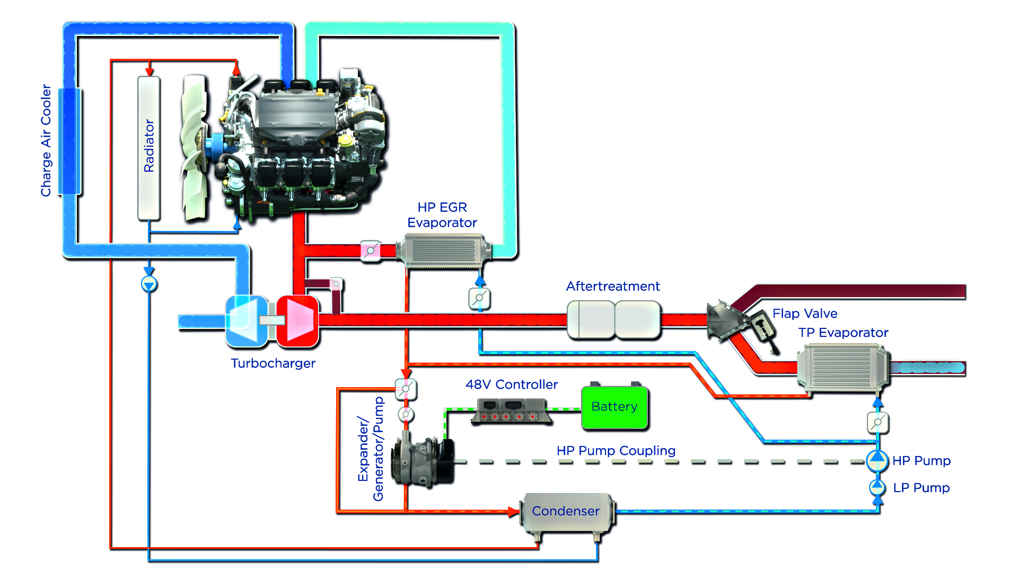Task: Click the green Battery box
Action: click(x=615, y=407)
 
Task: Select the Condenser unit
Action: click(x=566, y=512)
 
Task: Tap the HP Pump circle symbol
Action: click(x=877, y=461)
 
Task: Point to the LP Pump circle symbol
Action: click(x=877, y=487)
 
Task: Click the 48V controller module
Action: click(x=512, y=412)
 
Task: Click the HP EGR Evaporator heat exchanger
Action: click(x=443, y=251)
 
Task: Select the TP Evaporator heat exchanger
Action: click(x=842, y=368)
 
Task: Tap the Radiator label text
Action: click(x=149, y=146)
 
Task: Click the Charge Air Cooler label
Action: click(x=46, y=140)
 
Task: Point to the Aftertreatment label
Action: click(x=613, y=287)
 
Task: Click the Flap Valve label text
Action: click(x=805, y=314)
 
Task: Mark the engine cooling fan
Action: click(x=194, y=148)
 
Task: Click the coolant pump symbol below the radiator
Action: click(x=149, y=284)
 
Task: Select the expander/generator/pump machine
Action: click(x=422, y=461)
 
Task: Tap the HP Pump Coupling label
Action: click(x=616, y=451)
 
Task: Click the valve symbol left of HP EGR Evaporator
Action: click(x=370, y=250)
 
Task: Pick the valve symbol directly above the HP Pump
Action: click(x=877, y=423)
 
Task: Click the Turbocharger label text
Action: click(x=273, y=363)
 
